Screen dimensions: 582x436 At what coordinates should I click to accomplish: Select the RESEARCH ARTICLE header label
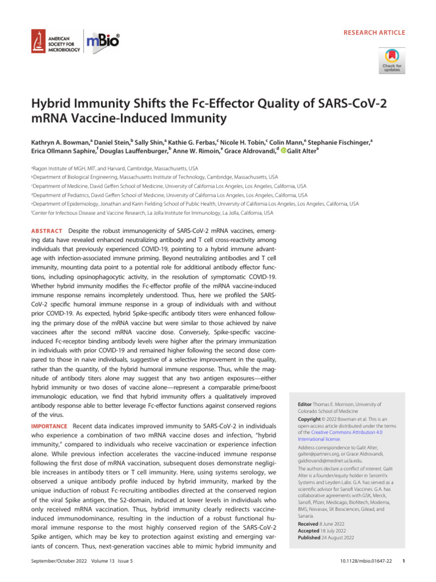pyautogui.click(x=374, y=32)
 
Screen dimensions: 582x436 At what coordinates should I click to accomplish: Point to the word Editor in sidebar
pyautogui.click(x=307, y=404)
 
